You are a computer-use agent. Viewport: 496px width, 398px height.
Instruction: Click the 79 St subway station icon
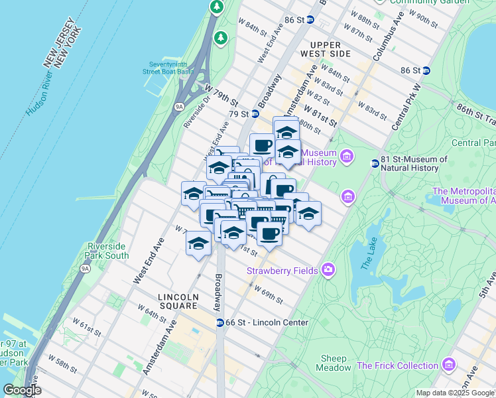(x=254, y=113)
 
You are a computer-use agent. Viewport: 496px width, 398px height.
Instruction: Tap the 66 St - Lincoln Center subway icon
(x=219, y=322)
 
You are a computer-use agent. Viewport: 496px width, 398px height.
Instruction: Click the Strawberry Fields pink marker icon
(x=328, y=269)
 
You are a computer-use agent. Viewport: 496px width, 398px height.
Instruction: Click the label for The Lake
(x=368, y=255)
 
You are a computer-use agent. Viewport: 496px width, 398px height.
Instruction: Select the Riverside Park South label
(x=107, y=251)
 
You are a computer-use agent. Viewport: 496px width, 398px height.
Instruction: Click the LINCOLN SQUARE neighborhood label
(x=178, y=301)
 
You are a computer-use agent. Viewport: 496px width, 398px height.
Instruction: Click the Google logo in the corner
(x=21, y=390)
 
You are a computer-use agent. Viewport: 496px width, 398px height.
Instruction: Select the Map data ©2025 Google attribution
(x=455, y=393)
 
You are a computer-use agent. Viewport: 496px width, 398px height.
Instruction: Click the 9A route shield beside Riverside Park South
(x=85, y=269)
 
